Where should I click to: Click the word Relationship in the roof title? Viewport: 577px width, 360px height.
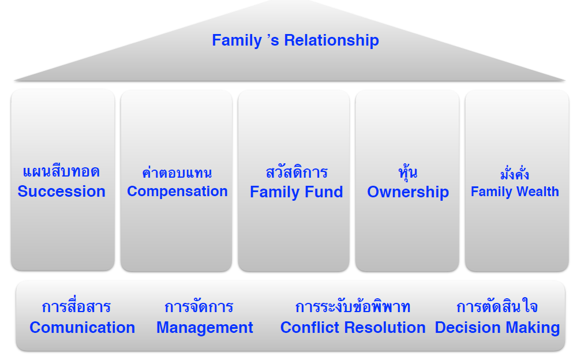(x=331, y=40)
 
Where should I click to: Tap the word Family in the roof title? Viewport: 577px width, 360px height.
(x=237, y=40)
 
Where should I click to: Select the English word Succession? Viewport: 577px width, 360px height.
(x=62, y=192)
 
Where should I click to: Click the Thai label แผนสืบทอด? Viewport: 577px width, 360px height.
(x=62, y=171)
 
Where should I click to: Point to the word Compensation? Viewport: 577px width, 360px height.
(x=177, y=192)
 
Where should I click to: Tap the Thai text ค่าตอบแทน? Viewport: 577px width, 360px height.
(x=177, y=172)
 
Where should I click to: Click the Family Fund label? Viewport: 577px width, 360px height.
(x=296, y=192)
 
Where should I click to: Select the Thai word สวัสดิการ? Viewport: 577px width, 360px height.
(x=297, y=171)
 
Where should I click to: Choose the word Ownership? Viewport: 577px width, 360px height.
(x=408, y=192)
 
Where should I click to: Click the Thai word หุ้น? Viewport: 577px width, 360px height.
(x=408, y=172)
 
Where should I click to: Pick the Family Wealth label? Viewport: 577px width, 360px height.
(x=515, y=192)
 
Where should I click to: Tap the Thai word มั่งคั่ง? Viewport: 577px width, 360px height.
(x=515, y=174)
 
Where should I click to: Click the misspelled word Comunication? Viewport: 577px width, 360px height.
(x=83, y=328)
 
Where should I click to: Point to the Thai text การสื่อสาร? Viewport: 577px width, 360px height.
(x=76, y=306)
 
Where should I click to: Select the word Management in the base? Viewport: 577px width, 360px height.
(x=205, y=328)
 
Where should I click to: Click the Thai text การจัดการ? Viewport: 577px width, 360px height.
(x=198, y=306)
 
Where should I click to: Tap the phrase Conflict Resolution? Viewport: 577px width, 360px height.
(x=353, y=328)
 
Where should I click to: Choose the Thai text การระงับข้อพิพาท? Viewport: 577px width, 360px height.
(x=353, y=306)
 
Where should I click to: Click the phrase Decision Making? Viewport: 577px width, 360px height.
(x=497, y=328)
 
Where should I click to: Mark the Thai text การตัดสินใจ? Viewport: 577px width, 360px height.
(x=497, y=306)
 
